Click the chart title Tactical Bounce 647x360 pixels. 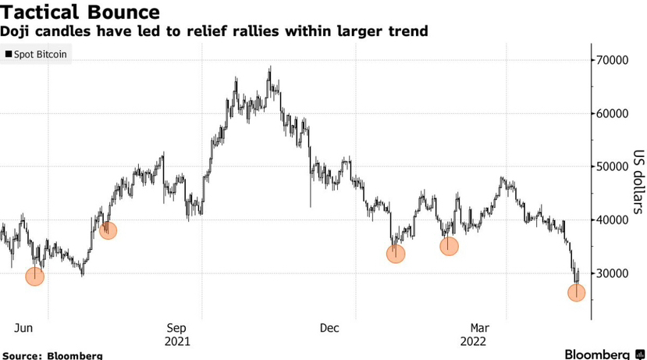coord(81,12)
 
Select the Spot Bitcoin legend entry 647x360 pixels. coord(36,55)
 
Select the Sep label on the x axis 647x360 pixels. coord(176,328)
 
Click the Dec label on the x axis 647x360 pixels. coord(330,328)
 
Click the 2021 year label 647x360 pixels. coord(177,341)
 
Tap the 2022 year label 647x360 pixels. coord(475,341)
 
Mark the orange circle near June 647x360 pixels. coord(35,276)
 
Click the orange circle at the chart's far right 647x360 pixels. coord(576,292)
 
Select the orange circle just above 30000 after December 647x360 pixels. coord(396,254)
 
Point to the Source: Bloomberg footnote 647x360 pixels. coord(52,355)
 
